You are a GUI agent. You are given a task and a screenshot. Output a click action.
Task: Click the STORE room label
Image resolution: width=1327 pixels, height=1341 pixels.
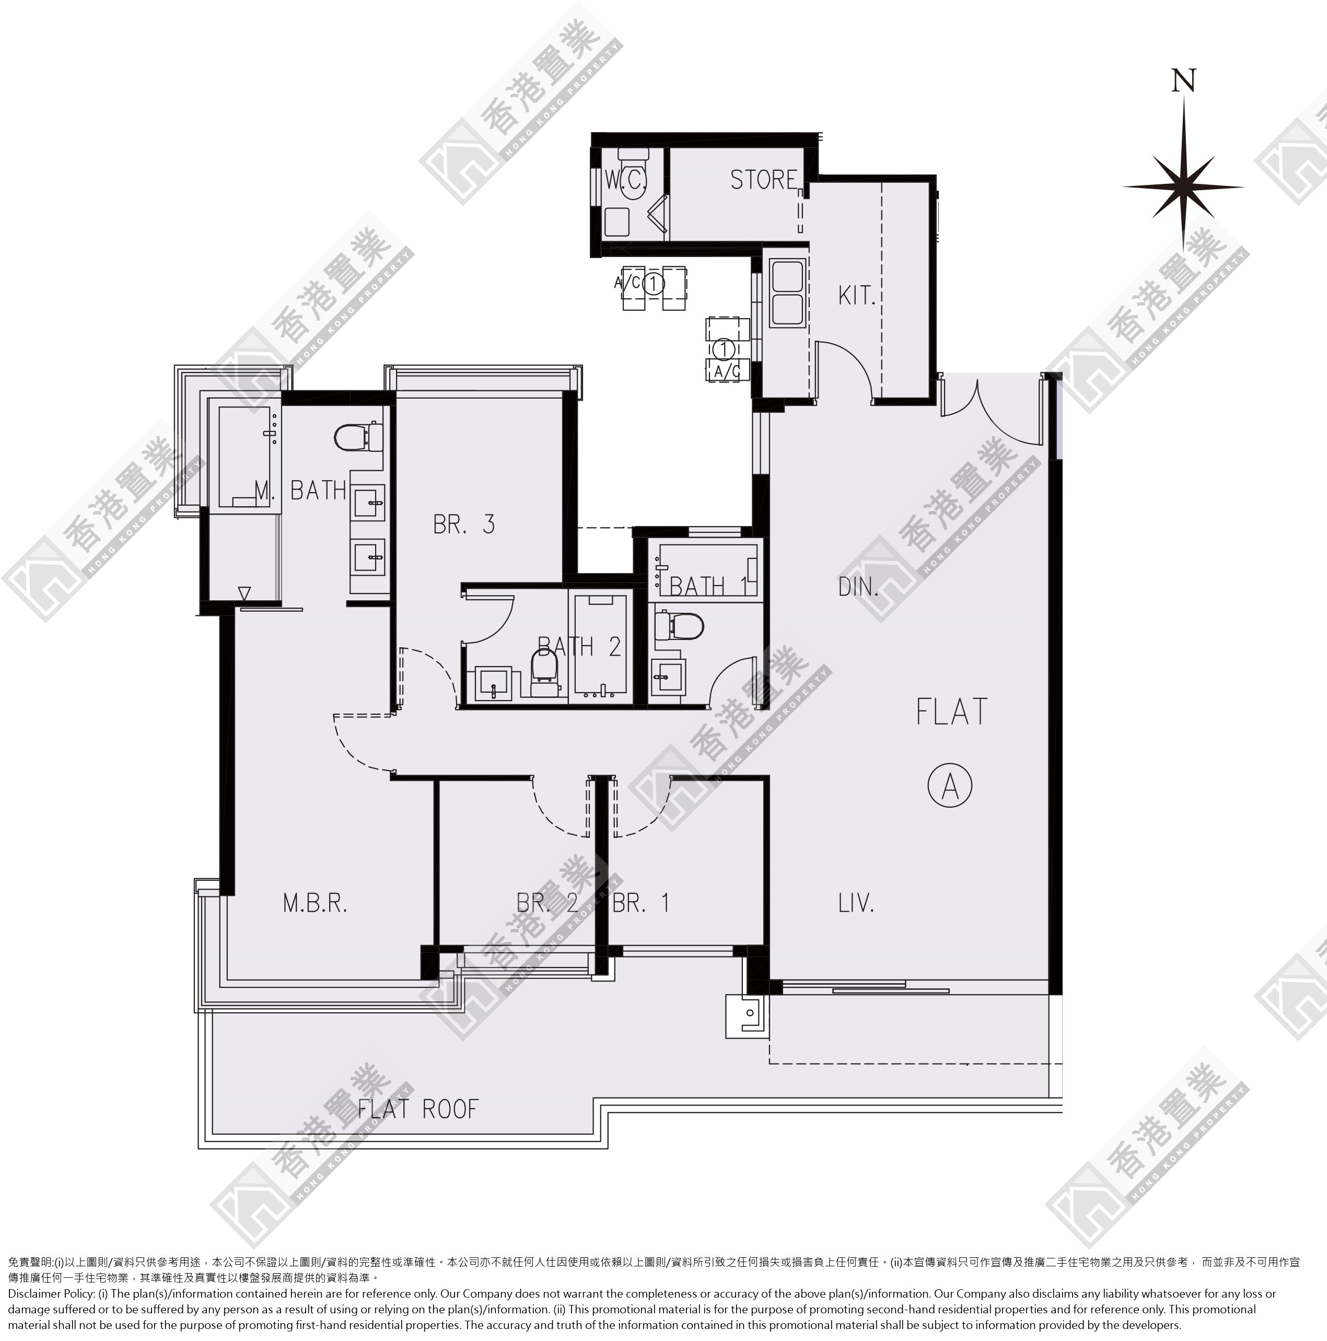click(x=763, y=180)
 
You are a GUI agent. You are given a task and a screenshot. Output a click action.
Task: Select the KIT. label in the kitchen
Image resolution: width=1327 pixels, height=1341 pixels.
click(x=856, y=296)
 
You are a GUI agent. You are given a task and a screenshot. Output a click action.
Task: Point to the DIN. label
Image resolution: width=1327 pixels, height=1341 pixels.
click(x=858, y=587)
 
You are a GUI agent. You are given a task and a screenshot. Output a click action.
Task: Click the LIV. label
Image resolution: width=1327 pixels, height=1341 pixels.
click(x=856, y=903)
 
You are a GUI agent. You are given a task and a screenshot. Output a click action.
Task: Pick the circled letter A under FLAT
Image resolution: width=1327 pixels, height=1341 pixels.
click(x=950, y=785)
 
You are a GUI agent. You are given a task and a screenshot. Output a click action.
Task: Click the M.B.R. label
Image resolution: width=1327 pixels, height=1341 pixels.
click(x=315, y=903)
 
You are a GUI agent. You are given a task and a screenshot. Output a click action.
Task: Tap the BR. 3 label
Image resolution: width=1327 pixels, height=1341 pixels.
click(x=463, y=524)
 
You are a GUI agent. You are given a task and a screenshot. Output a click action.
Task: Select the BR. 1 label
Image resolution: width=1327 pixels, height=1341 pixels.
click(x=641, y=903)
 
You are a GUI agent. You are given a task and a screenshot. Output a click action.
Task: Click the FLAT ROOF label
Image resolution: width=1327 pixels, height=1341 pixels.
click(x=418, y=1109)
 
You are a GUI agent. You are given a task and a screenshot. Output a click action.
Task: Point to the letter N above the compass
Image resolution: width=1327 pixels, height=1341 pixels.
click(x=1183, y=80)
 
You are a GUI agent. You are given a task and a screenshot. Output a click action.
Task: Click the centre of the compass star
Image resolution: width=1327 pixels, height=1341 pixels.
click(x=1183, y=186)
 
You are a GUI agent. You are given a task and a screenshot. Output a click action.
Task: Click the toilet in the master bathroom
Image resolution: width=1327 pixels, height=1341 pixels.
click(x=358, y=437)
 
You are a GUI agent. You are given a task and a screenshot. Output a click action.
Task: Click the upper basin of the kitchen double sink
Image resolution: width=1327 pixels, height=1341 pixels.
click(x=787, y=275)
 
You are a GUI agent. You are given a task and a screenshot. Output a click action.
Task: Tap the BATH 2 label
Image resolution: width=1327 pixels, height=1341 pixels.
click(x=579, y=647)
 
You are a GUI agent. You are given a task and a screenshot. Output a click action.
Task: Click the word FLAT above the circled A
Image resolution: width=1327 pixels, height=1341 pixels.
click(x=951, y=712)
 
